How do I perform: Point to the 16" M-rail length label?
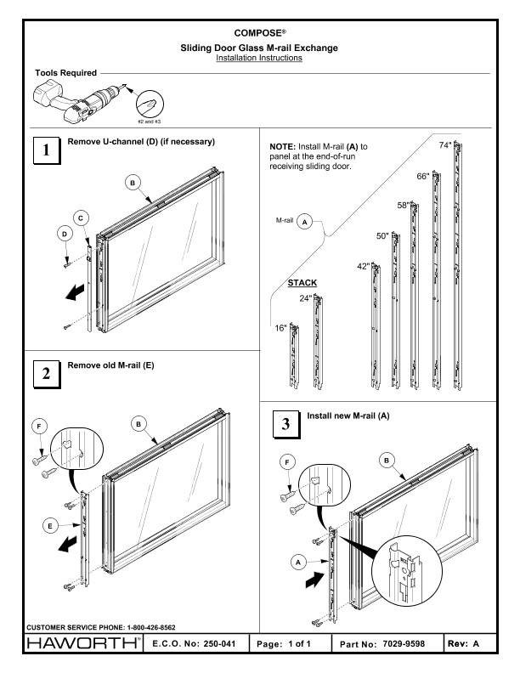[x=281, y=328]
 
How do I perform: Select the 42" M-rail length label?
[x=363, y=267]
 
